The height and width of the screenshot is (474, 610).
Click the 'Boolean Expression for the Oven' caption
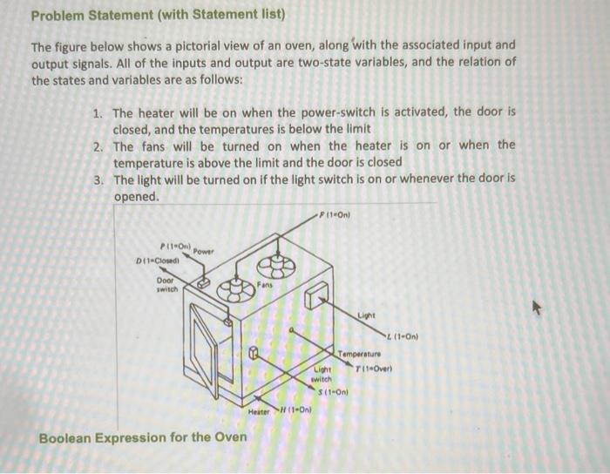[x=142, y=437]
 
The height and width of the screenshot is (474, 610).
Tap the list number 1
[x=97, y=112]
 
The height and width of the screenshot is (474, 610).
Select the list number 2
[x=97, y=146]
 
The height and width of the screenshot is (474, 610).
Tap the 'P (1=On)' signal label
[x=174, y=246]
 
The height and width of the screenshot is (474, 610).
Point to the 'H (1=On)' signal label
[x=295, y=410]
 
